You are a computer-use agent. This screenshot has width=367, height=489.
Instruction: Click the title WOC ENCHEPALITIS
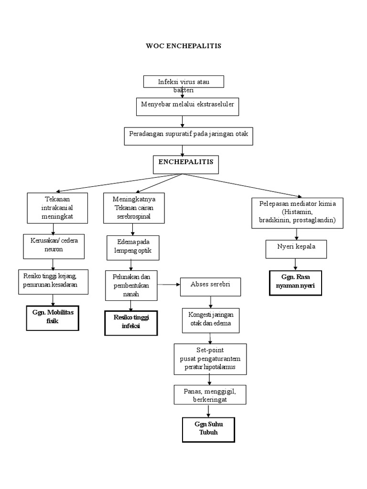[x=183, y=46]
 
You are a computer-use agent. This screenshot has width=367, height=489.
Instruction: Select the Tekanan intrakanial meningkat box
[x=57, y=208]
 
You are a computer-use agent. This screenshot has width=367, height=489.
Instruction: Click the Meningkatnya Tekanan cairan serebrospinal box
[x=134, y=208]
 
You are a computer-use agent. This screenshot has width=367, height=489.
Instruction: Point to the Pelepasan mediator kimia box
[x=297, y=212]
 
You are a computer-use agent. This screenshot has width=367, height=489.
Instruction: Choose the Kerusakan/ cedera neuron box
[x=54, y=245]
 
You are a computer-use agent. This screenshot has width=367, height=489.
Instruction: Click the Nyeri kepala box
[x=296, y=248]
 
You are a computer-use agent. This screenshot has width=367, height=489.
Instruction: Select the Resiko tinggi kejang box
[x=54, y=282]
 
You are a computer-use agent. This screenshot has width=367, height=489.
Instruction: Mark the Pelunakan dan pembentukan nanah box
[x=131, y=285]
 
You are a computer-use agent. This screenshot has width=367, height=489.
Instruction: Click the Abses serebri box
[x=210, y=286]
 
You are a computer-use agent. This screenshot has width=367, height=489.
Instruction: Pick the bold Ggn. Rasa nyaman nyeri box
[x=295, y=283]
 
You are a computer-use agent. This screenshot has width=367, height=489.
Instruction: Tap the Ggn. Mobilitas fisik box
[x=53, y=318]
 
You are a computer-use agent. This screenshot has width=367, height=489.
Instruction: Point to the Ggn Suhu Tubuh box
[x=208, y=429]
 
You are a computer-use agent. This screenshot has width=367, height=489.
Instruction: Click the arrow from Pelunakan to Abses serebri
[x=168, y=285]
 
